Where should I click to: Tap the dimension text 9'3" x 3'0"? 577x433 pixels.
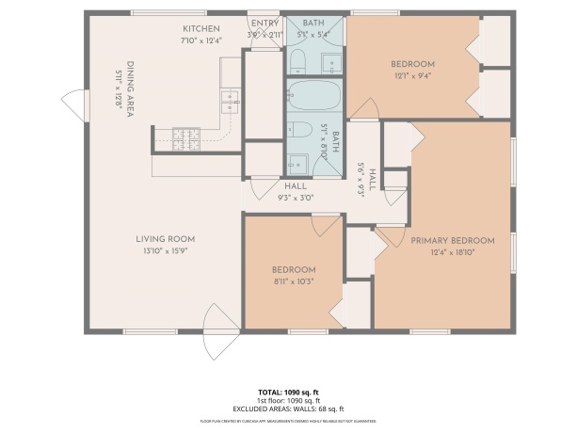pos(296,198)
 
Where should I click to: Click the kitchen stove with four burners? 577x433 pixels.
pos(185,138)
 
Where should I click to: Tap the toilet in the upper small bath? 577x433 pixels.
pos(298,62)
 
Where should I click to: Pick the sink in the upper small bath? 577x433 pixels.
pos(332,63)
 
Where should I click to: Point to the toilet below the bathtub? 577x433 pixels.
pos(298,131)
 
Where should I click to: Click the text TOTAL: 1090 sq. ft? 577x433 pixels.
pos(288,391)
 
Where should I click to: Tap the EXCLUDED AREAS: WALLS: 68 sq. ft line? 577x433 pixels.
pos(288,409)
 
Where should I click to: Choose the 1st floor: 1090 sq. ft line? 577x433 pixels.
pos(288,400)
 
